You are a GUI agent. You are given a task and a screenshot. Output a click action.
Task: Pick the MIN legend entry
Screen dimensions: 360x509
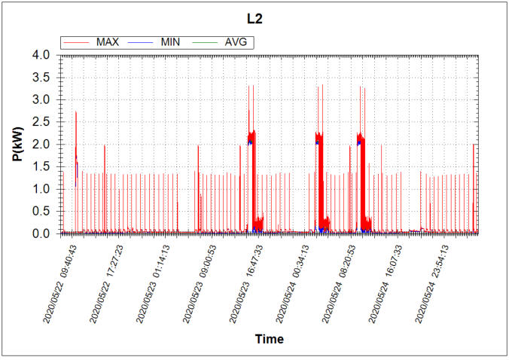172,41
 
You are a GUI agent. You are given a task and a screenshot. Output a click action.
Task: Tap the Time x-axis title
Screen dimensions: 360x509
269,339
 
